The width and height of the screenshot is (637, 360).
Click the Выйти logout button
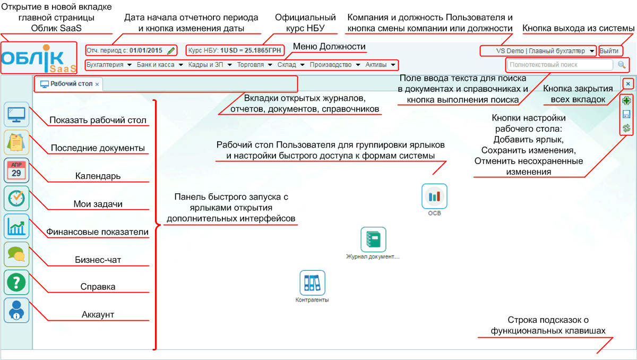(609, 51)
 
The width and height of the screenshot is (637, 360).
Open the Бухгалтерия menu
(109, 65)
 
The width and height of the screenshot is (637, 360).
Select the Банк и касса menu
(160, 65)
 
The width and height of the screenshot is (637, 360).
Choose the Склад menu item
(291, 65)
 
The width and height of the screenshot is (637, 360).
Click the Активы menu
(380, 65)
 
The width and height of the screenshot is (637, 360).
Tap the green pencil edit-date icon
(171, 50)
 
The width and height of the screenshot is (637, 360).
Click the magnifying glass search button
(622, 65)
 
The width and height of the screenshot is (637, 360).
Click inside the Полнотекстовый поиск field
(559, 65)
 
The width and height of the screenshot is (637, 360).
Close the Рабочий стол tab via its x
(97, 84)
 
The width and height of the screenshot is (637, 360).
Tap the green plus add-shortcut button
(626, 101)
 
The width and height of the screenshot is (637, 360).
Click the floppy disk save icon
(626, 114)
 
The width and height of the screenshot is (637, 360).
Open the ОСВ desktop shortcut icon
(434, 196)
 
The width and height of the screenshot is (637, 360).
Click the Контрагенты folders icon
(312, 283)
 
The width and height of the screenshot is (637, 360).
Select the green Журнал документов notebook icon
(373, 239)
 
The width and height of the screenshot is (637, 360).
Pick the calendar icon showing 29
(16, 170)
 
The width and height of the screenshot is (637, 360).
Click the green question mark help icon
(16, 282)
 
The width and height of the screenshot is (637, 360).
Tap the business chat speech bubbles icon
(16, 254)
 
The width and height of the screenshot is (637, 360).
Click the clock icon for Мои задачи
(16, 198)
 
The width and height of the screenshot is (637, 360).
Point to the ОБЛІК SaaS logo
(39, 58)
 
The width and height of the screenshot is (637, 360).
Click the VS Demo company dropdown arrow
(592, 51)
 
